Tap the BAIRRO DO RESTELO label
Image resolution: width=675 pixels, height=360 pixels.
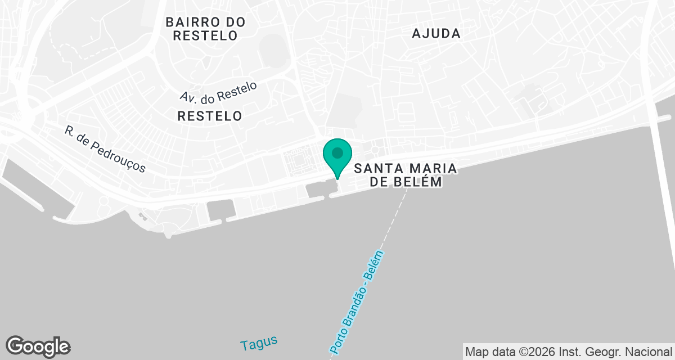click(205, 29)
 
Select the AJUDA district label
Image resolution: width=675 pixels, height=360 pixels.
click(436, 34)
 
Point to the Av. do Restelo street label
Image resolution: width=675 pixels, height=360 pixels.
click(219, 92)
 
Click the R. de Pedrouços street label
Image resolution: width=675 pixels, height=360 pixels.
click(105, 149)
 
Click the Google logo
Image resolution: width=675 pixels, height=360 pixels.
click(38, 346)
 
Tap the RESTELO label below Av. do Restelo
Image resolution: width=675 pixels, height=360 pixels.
click(209, 116)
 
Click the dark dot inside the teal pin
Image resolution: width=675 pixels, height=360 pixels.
click(337, 152)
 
